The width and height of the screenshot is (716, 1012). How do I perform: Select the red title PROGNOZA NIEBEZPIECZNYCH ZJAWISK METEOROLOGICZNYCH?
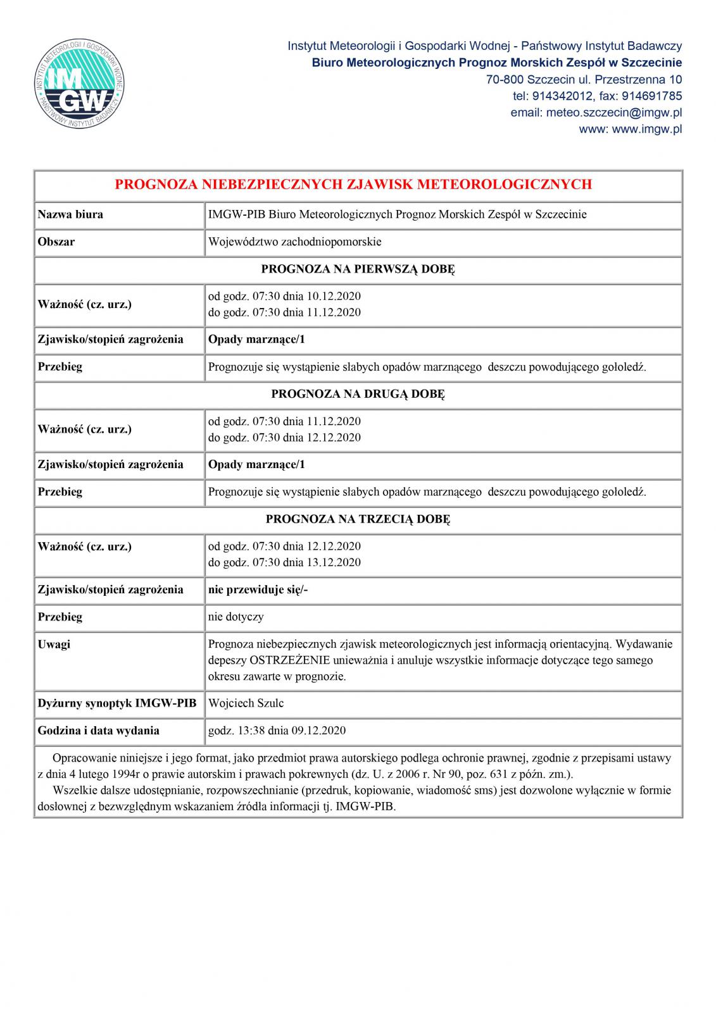pos(353,185)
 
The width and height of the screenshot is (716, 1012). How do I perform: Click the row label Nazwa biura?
pos(70,214)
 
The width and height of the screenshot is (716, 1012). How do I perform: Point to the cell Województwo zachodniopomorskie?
pos(294,242)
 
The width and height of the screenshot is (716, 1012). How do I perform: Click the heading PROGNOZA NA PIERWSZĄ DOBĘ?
pos(358,269)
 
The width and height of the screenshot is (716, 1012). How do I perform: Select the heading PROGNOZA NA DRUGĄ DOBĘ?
pos(358,394)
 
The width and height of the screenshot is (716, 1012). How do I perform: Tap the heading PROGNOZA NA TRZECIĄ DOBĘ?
pos(358,519)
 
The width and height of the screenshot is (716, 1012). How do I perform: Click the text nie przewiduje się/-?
pos(258,589)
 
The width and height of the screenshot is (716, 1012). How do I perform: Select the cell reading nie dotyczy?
pos(236,617)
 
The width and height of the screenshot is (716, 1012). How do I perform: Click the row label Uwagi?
pos(54,645)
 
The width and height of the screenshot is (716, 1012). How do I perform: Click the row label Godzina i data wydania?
pos(98,731)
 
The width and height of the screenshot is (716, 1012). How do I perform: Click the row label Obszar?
pos(56,242)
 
